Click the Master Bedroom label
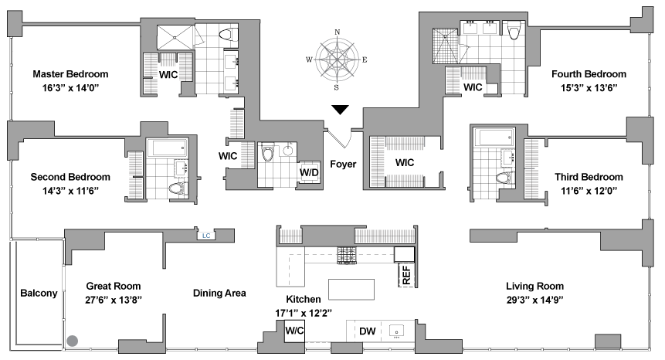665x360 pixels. pos(70,75)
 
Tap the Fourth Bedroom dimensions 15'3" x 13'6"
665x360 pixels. pos(583,88)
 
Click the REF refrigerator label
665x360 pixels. pos(405,274)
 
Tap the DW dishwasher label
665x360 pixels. pos(368,331)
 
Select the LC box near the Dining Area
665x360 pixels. pos(206,236)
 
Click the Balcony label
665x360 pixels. pos(39,293)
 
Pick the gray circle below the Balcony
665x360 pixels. pos(73,340)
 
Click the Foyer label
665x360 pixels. pos(343,164)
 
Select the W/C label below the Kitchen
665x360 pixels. pos(294,331)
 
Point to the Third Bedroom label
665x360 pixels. pos(589,177)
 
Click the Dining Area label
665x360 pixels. pos(219,293)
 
